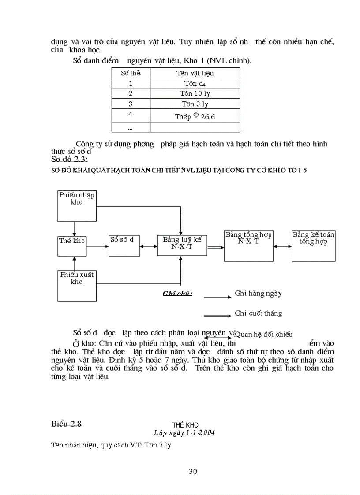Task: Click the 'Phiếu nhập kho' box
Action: (77, 205)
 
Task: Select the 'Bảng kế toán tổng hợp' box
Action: (313, 245)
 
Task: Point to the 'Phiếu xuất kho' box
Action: (77, 286)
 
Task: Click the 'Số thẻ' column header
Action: (131, 73)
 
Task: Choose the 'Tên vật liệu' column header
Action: (195, 73)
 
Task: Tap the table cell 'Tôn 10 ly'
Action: (195, 93)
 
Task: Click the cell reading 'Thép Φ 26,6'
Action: (195, 116)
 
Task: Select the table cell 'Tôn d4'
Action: (195, 83)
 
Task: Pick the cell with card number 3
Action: (131, 104)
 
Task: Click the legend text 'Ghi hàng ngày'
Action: (258, 293)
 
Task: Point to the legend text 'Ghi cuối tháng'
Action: (259, 313)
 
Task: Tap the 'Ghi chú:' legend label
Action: (177, 294)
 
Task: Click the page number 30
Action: (193, 471)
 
